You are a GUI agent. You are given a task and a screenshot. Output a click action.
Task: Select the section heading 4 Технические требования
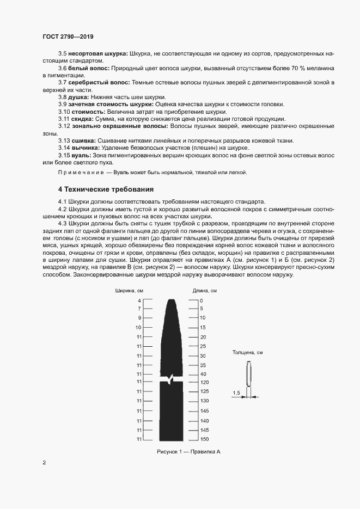[106, 189]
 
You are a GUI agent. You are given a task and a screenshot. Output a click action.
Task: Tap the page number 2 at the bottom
[44, 463]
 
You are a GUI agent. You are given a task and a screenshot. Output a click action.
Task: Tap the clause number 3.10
[64, 111]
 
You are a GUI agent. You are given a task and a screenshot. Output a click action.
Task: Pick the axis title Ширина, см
[129, 291]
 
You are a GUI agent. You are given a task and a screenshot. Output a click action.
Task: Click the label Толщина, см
[248, 353]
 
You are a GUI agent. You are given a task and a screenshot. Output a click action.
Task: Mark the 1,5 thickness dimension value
[236, 393]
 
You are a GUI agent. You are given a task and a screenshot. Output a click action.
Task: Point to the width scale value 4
[139, 301]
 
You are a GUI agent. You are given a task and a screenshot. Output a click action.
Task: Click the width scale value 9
[139, 317]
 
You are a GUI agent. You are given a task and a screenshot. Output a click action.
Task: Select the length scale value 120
[204, 383]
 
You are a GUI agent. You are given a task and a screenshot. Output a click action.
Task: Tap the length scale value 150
[204, 439]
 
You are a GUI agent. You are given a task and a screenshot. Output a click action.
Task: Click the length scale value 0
[201, 301]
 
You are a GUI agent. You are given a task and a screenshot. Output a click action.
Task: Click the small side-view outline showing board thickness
[249, 376]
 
